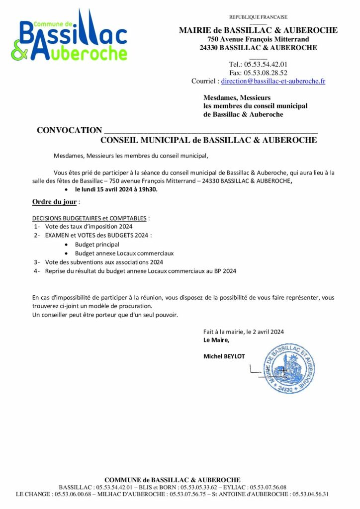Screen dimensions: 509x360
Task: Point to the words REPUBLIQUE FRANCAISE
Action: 258,17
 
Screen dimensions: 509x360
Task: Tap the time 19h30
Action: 149,189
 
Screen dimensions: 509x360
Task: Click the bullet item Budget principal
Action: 97,245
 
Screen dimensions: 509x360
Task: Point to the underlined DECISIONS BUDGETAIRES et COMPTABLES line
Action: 90,218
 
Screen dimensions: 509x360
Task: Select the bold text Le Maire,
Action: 216,340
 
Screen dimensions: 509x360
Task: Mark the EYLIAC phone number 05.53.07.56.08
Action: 269,488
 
